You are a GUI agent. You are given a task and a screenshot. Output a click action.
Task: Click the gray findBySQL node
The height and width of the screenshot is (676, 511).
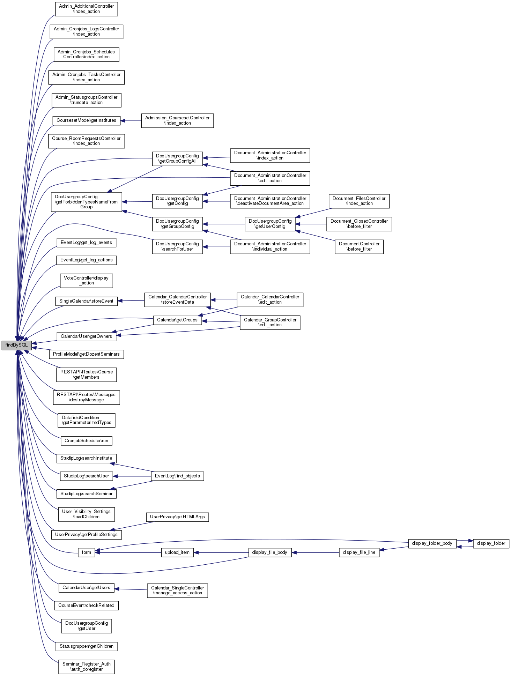click(x=16, y=345)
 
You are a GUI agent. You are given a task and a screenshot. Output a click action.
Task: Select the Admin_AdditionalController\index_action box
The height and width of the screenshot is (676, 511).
click(x=86, y=9)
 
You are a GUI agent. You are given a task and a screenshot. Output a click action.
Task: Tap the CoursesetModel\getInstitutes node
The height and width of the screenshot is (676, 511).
click(x=86, y=120)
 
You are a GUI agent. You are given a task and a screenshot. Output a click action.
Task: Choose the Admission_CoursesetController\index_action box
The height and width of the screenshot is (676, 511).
click(x=177, y=120)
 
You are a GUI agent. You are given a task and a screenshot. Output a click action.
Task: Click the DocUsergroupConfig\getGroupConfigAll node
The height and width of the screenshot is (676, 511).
click(x=177, y=158)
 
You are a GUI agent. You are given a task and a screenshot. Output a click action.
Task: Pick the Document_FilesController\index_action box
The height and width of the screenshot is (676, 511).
click(x=359, y=201)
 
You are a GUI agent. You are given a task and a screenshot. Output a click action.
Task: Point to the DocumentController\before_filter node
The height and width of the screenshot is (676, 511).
click(x=359, y=246)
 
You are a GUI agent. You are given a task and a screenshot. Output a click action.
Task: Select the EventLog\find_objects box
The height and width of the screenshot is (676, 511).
click(x=177, y=476)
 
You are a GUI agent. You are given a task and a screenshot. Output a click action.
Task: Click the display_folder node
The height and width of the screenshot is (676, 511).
click(x=491, y=543)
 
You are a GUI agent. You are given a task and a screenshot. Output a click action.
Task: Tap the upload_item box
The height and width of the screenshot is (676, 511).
click(x=177, y=552)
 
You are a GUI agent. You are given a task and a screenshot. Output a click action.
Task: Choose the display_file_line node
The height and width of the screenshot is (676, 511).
click(x=359, y=552)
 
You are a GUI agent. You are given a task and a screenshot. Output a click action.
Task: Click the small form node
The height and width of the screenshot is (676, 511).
click(x=86, y=552)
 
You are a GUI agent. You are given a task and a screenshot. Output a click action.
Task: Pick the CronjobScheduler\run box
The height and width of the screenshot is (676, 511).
click(x=86, y=441)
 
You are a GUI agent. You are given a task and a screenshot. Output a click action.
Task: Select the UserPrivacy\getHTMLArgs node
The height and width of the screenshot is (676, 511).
click(x=177, y=517)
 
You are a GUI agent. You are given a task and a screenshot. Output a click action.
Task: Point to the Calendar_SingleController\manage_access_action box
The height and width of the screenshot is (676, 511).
click(x=177, y=590)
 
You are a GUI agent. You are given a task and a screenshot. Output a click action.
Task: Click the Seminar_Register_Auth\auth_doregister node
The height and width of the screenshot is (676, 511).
click(x=86, y=667)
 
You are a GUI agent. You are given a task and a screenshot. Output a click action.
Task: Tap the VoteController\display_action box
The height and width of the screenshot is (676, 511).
click(x=86, y=281)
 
